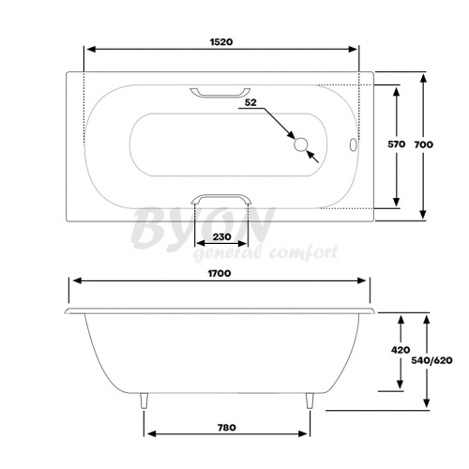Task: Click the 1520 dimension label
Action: (221, 42)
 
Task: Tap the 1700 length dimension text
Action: (219, 274)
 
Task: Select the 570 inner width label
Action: (397, 144)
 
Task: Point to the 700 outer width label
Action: (424, 144)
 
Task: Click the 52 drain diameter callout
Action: (250, 102)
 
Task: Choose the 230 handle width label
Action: (221, 237)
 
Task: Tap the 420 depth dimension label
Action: (401, 350)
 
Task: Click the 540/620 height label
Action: (431, 360)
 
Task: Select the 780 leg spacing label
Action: (227, 427)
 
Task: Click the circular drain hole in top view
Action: (301, 144)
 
